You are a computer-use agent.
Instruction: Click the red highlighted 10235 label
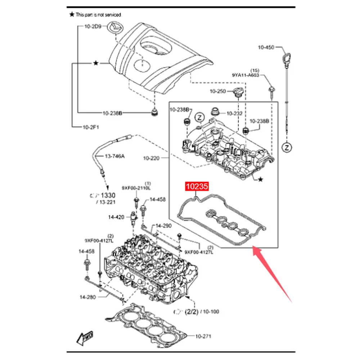pos(197,187)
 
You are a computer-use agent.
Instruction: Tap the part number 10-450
pos(266,47)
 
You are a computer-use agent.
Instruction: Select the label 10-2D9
pos(93,26)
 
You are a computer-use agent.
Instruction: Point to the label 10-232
pos(234,113)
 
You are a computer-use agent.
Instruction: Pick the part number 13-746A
pos(115,157)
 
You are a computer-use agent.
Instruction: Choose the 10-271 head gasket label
pos(203,336)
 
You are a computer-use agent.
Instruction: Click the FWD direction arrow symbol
pos(84,338)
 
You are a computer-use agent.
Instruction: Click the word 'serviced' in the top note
pos(113,15)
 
